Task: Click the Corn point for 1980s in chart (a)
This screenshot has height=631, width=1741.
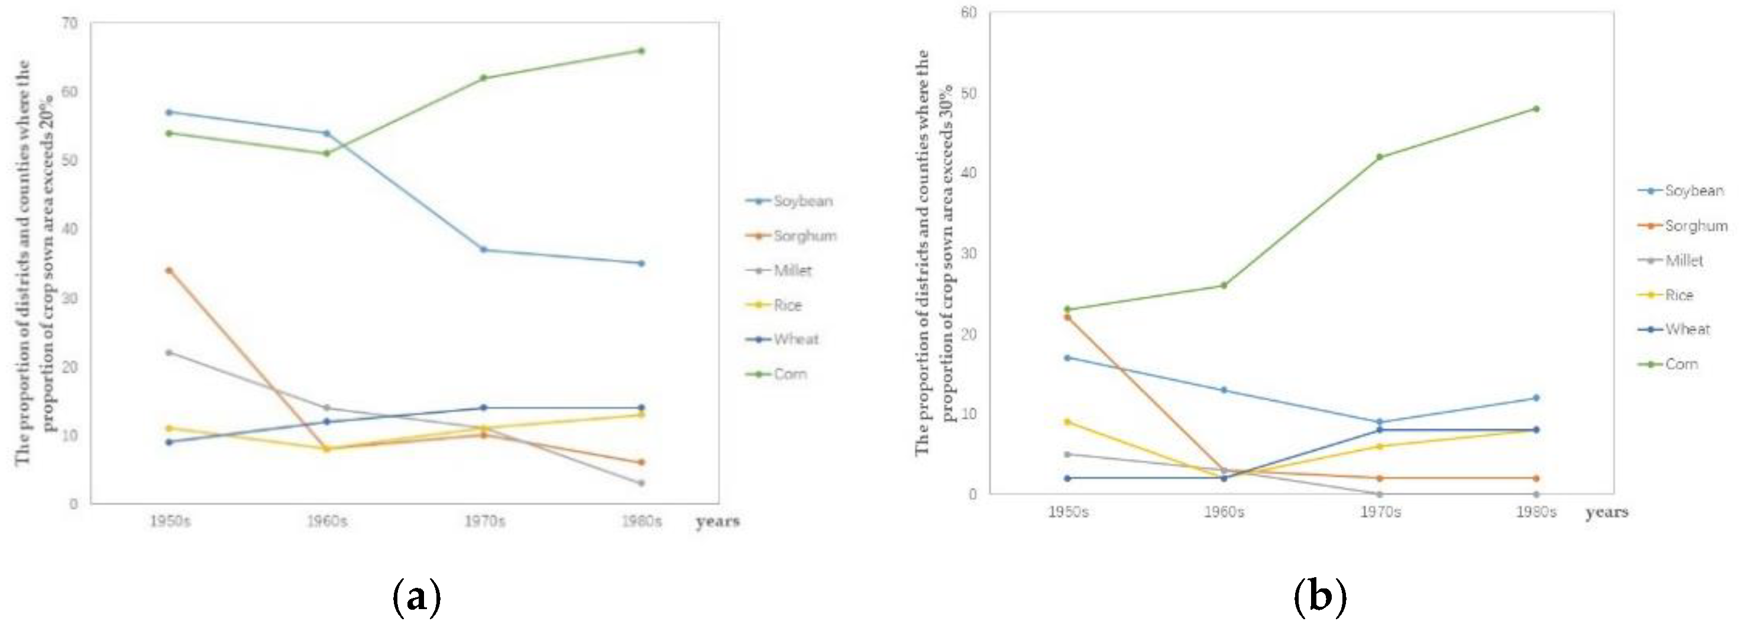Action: [642, 51]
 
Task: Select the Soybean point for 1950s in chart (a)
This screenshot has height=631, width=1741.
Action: [169, 112]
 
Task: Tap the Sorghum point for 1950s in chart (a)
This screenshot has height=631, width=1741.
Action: [169, 270]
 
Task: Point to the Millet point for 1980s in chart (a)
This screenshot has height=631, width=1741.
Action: [642, 483]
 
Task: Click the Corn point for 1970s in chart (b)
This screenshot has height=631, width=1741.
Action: [1380, 157]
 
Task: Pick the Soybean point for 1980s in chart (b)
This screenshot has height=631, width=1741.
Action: [1536, 398]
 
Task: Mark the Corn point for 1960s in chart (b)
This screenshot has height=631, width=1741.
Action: [1224, 285]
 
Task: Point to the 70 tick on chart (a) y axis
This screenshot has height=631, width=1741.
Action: [70, 24]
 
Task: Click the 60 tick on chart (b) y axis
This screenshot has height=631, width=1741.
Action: [969, 13]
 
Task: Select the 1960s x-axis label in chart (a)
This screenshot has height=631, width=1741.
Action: [327, 522]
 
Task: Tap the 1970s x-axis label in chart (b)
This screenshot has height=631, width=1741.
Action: [1380, 512]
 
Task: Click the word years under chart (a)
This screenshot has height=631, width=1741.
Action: [718, 522]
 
